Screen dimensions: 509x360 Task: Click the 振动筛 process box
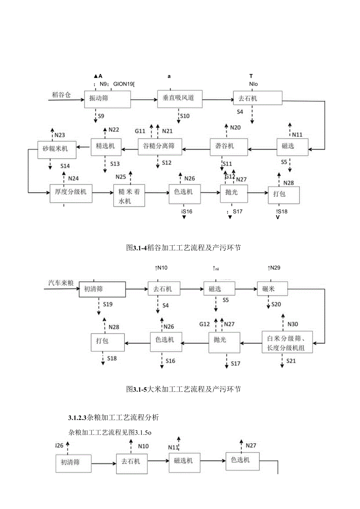[x=107, y=99]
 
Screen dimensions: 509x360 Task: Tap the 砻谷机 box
[x=229, y=147]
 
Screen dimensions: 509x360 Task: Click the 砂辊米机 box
[x=57, y=149]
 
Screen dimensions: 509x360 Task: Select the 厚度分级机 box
[x=71, y=192]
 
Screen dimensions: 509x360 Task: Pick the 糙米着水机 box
[x=130, y=196]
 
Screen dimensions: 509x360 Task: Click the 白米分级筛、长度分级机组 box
[x=287, y=342]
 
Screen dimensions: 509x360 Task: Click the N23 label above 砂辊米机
[x=60, y=135]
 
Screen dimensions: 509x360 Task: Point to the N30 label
[x=293, y=324]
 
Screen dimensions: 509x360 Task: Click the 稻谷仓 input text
[x=62, y=94]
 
